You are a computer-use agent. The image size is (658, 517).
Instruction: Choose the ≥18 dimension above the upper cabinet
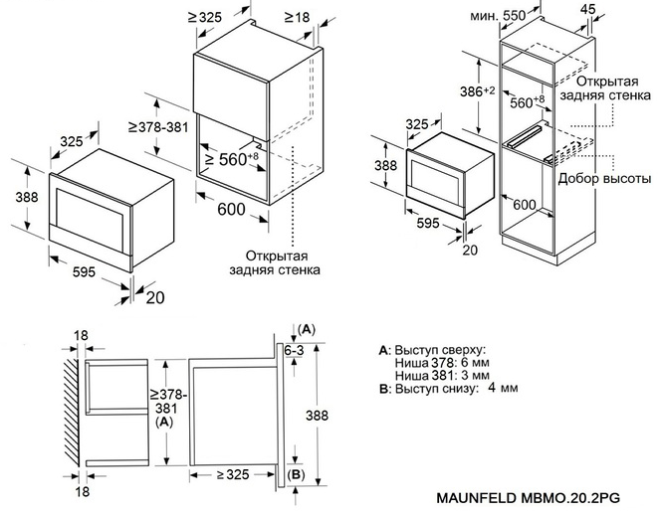pos(295,17)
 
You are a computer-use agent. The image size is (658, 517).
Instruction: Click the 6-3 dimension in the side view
pos(294,350)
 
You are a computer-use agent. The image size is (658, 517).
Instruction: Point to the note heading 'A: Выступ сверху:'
pos(431,350)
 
